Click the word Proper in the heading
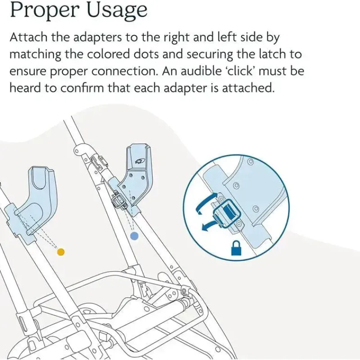43,11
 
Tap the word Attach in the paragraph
28,37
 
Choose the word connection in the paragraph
125,71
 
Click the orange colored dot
61,252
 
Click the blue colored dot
134,236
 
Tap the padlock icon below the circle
236,248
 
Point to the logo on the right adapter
139,161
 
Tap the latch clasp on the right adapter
120,199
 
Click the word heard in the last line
25,88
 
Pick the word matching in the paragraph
36,54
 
